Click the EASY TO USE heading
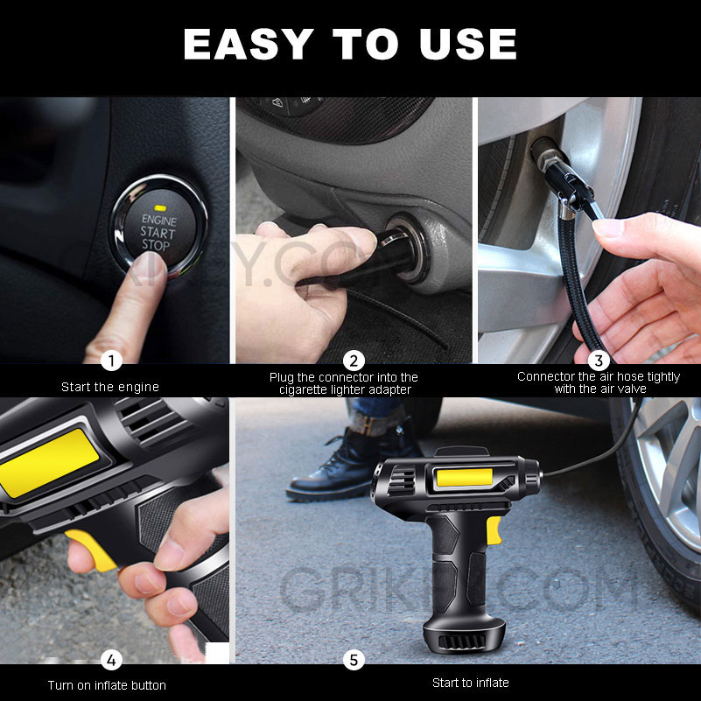(x=350, y=44)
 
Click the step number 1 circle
(x=111, y=360)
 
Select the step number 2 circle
(x=354, y=360)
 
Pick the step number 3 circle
(x=599, y=360)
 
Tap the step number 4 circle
(x=111, y=660)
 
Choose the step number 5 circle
(x=354, y=660)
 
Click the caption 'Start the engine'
(x=110, y=386)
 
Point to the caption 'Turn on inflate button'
(x=107, y=684)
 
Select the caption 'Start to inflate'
(x=470, y=683)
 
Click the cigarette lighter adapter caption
(x=344, y=383)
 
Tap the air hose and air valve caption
(x=599, y=382)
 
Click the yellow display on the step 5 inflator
(x=463, y=479)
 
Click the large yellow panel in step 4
(x=48, y=459)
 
